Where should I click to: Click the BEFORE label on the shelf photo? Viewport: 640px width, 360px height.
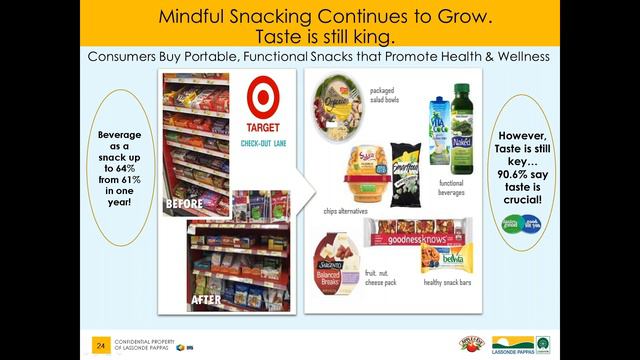coord(185,202)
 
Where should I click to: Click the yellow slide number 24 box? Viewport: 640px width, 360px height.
coord(99,346)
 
